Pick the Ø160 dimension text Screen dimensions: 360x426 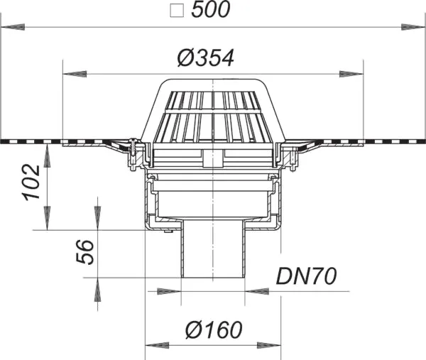click(213, 330)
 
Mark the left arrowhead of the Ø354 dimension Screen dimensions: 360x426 click(75, 73)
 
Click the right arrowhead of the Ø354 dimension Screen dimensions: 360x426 click(351, 73)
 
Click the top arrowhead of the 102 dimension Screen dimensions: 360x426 click(47, 156)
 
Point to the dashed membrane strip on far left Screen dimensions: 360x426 click(28, 140)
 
